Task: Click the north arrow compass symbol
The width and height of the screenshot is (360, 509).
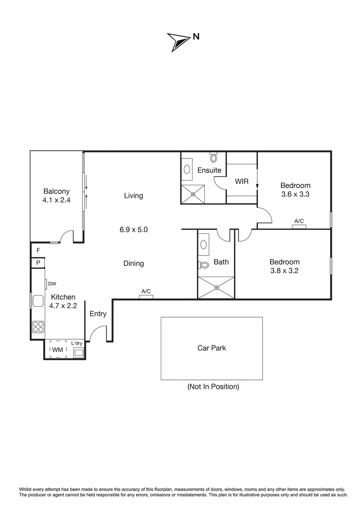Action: [x=178, y=41]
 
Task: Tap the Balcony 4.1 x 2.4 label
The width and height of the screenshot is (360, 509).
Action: [x=57, y=196]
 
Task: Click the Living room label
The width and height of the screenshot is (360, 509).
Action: [x=133, y=196]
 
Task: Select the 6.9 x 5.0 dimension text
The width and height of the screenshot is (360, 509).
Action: [x=133, y=230]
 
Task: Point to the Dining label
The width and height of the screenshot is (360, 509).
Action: [x=133, y=263]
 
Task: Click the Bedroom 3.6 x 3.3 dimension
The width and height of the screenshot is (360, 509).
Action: [x=295, y=194]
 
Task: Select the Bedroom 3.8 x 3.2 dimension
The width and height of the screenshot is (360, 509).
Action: [x=284, y=271]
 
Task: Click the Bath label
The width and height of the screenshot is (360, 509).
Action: [x=221, y=262]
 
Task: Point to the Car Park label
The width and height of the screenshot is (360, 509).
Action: [x=212, y=348]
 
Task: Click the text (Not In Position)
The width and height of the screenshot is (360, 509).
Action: [x=213, y=387]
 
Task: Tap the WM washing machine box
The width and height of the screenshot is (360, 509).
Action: [x=58, y=350]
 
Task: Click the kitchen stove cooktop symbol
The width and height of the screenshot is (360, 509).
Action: [x=38, y=326]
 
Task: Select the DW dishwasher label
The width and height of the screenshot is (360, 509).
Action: [x=52, y=284]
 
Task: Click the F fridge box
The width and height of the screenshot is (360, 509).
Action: [x=38, y=250]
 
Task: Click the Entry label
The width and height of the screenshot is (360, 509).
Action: [x=98, y=314]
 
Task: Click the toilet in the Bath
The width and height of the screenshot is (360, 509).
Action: [x=204, y=265]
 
